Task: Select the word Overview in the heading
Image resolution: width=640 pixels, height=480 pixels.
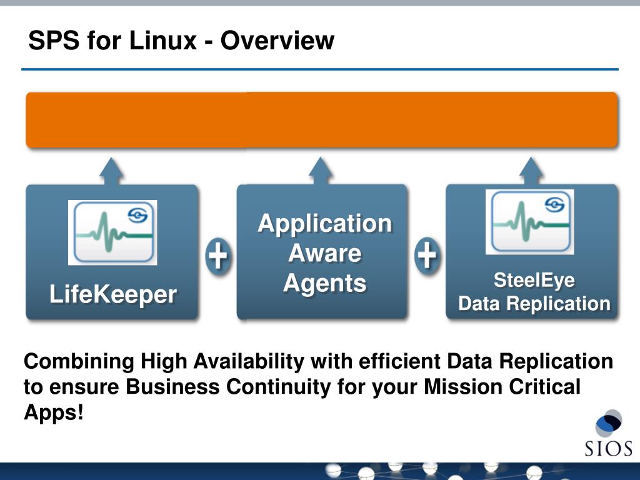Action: click(x=277, y=41)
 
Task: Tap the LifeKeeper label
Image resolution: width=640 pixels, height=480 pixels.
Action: click(x=113, y=294)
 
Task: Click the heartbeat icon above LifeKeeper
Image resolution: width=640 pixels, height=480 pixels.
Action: click(x=112, y=232)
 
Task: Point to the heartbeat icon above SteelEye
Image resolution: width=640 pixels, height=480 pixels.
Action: click(x=530, y=222)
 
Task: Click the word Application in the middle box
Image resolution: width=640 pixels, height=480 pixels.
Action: click(x=325, y=223)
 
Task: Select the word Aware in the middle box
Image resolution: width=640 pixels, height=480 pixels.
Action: click(x=325, y=253)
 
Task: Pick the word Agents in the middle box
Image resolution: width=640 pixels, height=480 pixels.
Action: click(x=325, y=283)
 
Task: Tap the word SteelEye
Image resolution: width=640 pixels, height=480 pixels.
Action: click(x=534, y=280)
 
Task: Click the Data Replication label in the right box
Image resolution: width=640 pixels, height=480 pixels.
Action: click(x=534, y=304)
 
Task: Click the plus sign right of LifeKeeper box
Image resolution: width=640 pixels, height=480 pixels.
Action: click(x=217, y=256)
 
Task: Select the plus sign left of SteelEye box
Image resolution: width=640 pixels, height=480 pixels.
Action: click(x=426, y=256)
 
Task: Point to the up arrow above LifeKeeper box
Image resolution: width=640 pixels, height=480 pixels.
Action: click(x=112, y=170)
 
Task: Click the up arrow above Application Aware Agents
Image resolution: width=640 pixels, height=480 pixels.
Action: click(x=321, y=170)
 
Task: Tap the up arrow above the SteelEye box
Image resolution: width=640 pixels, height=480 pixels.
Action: click(x=531, y=170)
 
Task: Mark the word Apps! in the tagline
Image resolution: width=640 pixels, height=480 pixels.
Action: click(x=53, y=412)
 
